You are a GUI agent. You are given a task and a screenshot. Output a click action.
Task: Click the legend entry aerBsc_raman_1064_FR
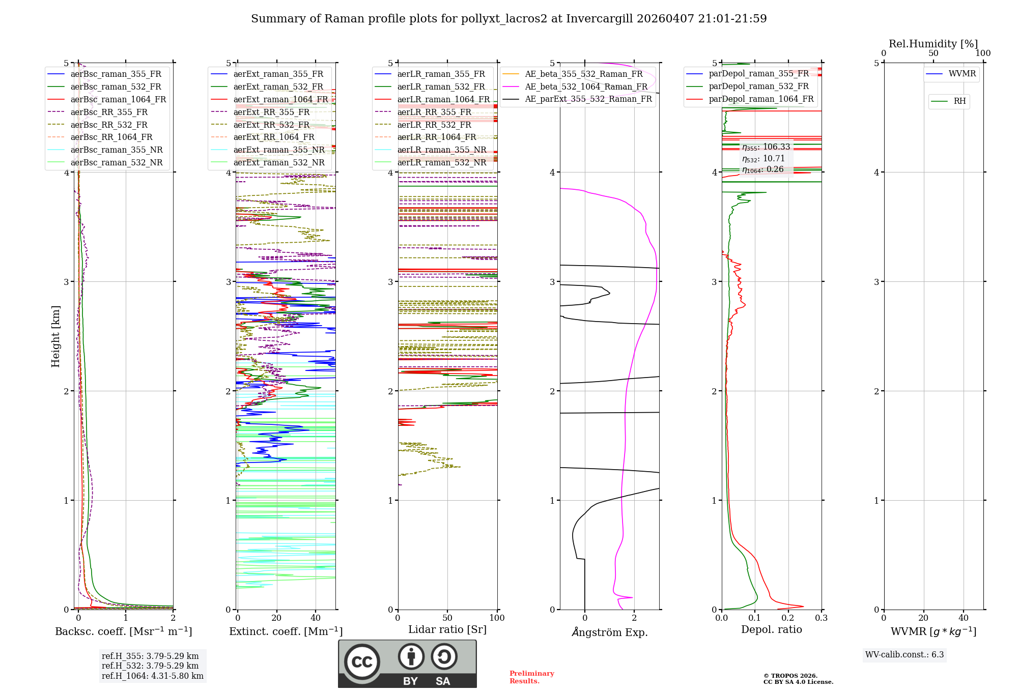(x=118, y=99)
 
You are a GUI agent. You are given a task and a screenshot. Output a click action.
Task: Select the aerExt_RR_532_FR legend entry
(x=271, y=125)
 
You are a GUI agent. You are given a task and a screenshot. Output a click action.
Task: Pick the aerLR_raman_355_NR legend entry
(x=442, y=150)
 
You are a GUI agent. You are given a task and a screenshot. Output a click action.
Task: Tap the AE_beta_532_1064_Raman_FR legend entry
(x=586, y=86)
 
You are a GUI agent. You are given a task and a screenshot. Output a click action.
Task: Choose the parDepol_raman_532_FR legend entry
(x=758, y=86)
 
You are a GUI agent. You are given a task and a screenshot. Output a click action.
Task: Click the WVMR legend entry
(x=962, y=74)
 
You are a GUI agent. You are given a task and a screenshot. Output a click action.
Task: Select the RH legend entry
(x=959, y=101)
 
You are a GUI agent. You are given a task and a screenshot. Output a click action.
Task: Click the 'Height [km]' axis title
(x=55, y=336)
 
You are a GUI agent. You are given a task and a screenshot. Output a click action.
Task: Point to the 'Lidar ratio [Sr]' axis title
(x=447, y=629)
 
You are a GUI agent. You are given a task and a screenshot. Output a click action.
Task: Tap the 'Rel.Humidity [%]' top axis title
(x=933, y=44)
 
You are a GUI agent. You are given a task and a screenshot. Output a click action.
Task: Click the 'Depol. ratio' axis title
(x=771, y=629)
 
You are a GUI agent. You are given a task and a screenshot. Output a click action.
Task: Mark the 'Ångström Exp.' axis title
(x=610, y=632)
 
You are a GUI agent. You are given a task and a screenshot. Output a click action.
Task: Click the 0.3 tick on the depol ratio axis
(x=821, y=618)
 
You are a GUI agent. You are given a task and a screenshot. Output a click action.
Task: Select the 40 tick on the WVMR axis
(x=964, y=618)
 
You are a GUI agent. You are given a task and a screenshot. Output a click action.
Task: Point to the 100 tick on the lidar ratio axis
(x=497, y=618)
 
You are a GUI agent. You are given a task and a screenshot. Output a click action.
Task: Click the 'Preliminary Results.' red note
(x=531, y=677)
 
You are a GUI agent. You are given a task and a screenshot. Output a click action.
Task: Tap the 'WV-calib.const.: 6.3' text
(x=904, y=655)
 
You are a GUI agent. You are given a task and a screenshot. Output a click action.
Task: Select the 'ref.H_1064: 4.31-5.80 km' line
(x=152, y=676)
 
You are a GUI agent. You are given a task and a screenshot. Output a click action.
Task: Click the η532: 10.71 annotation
(x=763, y=159)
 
